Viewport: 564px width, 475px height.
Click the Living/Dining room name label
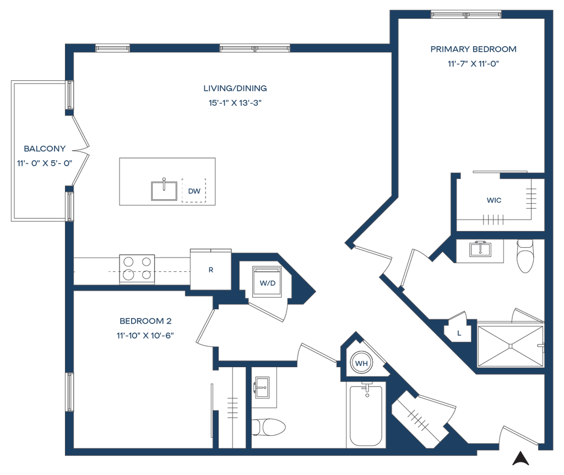[235, 88]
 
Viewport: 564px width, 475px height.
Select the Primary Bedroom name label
[474, 49]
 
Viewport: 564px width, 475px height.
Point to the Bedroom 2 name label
[145, 320]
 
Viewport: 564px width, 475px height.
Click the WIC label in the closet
[494, 201]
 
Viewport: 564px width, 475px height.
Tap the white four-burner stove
[137, 269]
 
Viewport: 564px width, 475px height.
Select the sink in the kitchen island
[164, 190]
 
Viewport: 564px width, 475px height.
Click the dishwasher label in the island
[193, 191]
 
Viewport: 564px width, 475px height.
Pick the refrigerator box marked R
[210, 269]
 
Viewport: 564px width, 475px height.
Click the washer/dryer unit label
[267, 283]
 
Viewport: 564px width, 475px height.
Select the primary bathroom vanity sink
[481, 249]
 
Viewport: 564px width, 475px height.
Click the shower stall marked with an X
[511, 346]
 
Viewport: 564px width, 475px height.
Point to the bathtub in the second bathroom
[365, 414]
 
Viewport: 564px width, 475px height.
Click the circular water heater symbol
[361, 363]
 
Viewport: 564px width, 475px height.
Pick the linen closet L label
[459, 332]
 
